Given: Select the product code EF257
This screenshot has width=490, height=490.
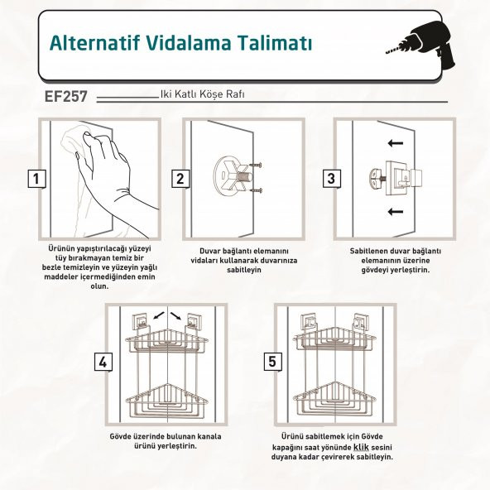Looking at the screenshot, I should pos(66,97).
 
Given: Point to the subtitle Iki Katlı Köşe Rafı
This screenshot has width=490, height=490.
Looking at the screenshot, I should pos(203,94).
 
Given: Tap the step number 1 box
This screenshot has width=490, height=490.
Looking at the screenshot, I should pos(35,178).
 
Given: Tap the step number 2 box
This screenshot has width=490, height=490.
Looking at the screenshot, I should pos(180,178).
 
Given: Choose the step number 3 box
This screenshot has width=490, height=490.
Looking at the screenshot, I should pos(330,178).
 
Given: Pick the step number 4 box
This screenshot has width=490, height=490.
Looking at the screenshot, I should pos(103,362).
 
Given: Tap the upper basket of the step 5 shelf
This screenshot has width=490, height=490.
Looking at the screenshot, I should pos(335,339).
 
